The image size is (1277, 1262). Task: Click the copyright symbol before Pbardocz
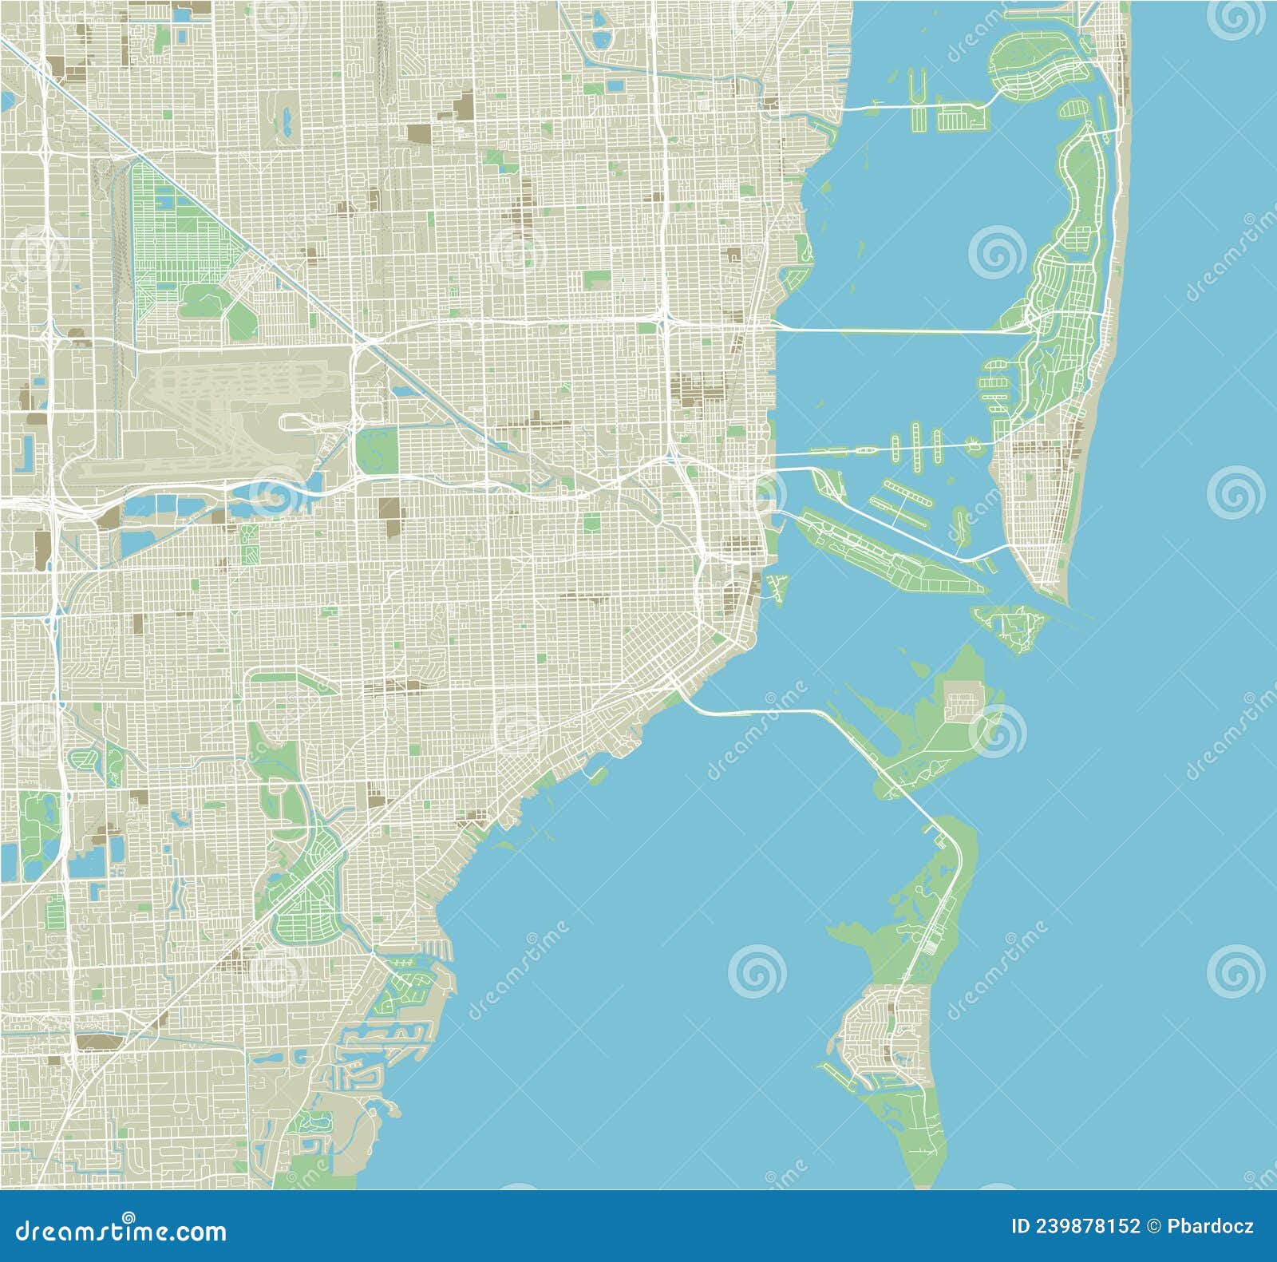point(1154,1226)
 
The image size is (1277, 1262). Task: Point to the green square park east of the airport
point(376,449)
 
